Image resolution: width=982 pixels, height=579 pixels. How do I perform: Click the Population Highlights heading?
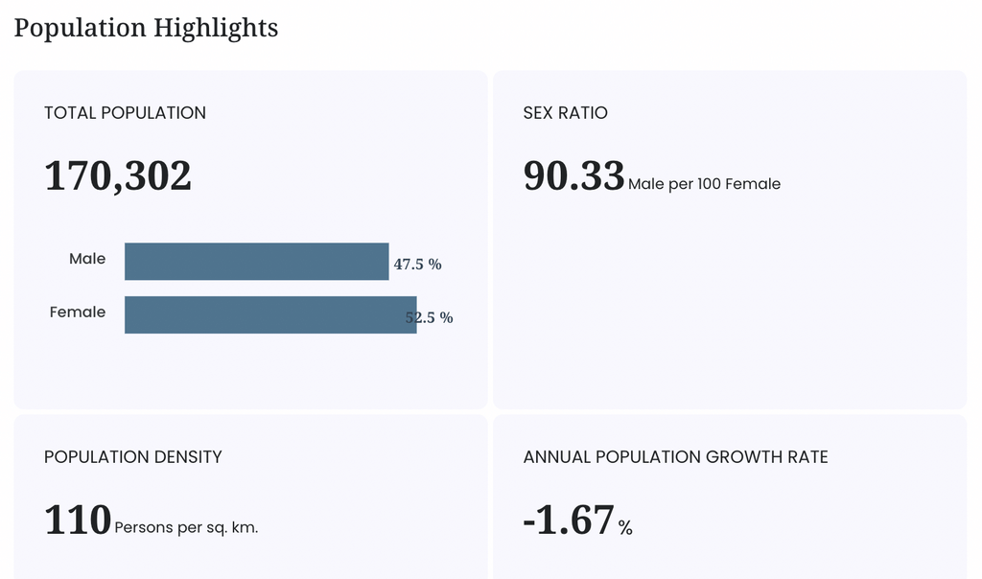[x=146, y=28]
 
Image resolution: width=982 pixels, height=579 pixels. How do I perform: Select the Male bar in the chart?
[x=257, y=262]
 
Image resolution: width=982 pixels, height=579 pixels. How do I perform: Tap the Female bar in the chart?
[x=270, y=314]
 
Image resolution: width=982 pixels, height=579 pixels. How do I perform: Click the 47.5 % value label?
[x=418, y=265]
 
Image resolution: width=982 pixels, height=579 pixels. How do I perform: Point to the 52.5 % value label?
[x=429, y=317]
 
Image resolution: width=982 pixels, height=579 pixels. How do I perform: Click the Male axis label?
[x=87, y=259]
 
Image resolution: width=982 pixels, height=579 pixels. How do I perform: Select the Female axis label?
[x=78, y=312]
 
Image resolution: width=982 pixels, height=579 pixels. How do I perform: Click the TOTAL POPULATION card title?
[x=126, y=113]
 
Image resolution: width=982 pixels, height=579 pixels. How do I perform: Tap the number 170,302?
[x=118, y=175]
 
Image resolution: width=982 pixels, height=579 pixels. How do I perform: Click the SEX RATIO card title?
[x=566, y=113]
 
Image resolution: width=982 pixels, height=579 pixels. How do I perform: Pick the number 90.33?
[x=573, y=175]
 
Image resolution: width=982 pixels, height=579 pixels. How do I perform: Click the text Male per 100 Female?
[x=705, y=184]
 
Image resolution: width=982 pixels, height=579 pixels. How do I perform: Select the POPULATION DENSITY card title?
[x=132, y=457]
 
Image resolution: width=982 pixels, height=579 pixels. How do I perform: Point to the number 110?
[x=78, y=520]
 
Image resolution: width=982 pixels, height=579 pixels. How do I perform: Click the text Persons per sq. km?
[x=186, y=527]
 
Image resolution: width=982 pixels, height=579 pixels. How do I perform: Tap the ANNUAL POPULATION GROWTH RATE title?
[x=676, y=457]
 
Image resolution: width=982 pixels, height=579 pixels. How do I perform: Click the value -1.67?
[x=569, y=520]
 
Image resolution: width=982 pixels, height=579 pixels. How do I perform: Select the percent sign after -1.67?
[x=625, y=528]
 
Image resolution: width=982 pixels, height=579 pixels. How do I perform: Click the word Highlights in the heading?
[x=216, y=28]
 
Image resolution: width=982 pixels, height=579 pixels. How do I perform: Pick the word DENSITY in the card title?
[x=188, y=457]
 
